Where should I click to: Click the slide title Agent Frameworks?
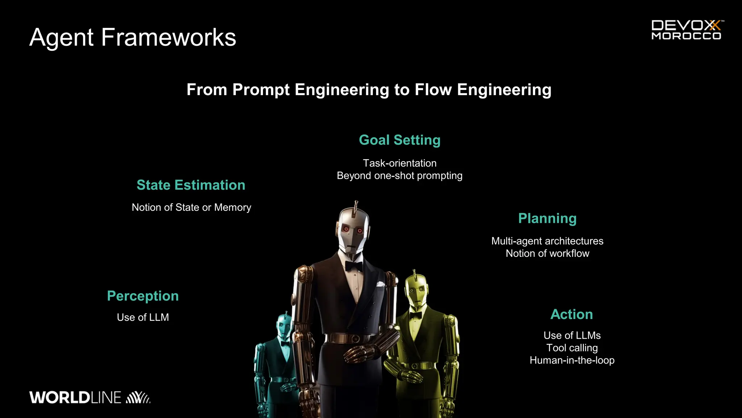133,37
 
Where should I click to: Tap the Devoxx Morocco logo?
686,30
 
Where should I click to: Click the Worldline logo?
89,397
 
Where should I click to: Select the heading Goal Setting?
400,140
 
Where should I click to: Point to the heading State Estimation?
191,185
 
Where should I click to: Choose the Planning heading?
547,218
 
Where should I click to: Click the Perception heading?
143,296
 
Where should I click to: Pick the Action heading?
572,314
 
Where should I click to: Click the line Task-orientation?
400,163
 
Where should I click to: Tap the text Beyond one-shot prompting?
400,176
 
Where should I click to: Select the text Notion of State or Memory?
191,208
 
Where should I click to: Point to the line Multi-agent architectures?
547,241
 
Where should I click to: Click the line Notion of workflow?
547,253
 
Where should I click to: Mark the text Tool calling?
572,348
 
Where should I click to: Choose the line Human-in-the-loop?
572,360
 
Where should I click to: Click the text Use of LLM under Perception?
143,317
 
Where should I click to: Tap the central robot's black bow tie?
354,266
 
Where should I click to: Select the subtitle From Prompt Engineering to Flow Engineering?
369,90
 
